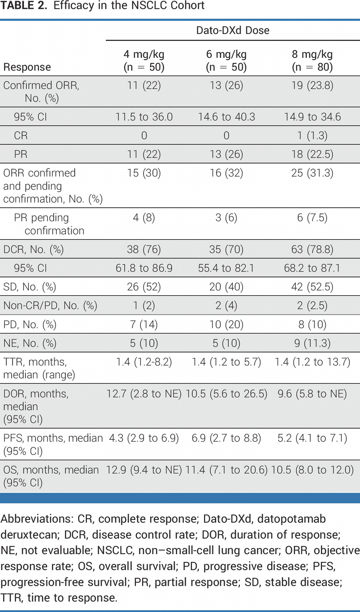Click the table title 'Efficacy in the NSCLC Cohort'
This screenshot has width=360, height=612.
tap(129, 5)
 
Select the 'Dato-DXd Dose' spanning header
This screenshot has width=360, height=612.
tap(233, 30)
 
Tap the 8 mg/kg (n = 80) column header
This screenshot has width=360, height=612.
tap(312, 60)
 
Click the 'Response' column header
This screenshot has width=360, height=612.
tap(27, 67)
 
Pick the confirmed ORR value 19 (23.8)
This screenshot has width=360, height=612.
tap(312, 85)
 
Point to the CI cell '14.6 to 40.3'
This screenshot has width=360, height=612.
tap(226, 117)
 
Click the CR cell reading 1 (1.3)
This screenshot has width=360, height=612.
tap(312, 136)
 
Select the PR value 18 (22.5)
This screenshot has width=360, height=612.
tap(312, 154)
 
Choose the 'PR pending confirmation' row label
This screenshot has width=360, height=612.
tap(49, 224)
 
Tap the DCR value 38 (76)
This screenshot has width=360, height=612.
tap(144, 250)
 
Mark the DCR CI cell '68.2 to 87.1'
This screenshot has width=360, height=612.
tap(312, 268)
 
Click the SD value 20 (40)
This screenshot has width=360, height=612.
tap(226, 287)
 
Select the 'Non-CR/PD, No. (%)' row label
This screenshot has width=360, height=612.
tap(50, 306)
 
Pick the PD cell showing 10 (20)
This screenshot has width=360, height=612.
tap(226, 324)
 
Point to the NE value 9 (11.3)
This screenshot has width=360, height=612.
tap(312, 343)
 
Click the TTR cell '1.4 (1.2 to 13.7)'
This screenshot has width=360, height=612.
tap(312, 362)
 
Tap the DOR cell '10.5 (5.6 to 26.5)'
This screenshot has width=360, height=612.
tap(226, 394)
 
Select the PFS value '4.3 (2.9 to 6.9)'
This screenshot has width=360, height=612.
tap(144, 438)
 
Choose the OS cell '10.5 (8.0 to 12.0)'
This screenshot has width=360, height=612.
tap(312, 470)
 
